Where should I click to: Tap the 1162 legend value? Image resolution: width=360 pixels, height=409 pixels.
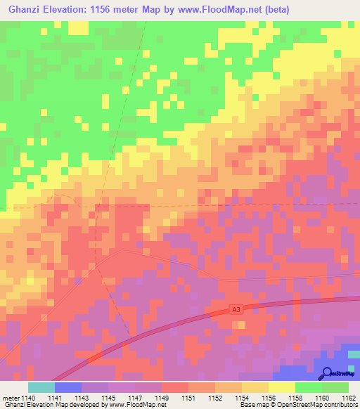[x=347, y=398]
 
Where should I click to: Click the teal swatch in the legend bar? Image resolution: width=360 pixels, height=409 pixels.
[x=41, y=387]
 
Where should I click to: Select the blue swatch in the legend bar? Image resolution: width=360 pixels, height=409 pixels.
[x=68, y=387]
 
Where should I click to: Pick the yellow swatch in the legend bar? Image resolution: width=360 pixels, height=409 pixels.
[x=282, y=387]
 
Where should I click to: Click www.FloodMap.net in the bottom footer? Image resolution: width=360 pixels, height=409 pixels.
[x=141, y=405]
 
